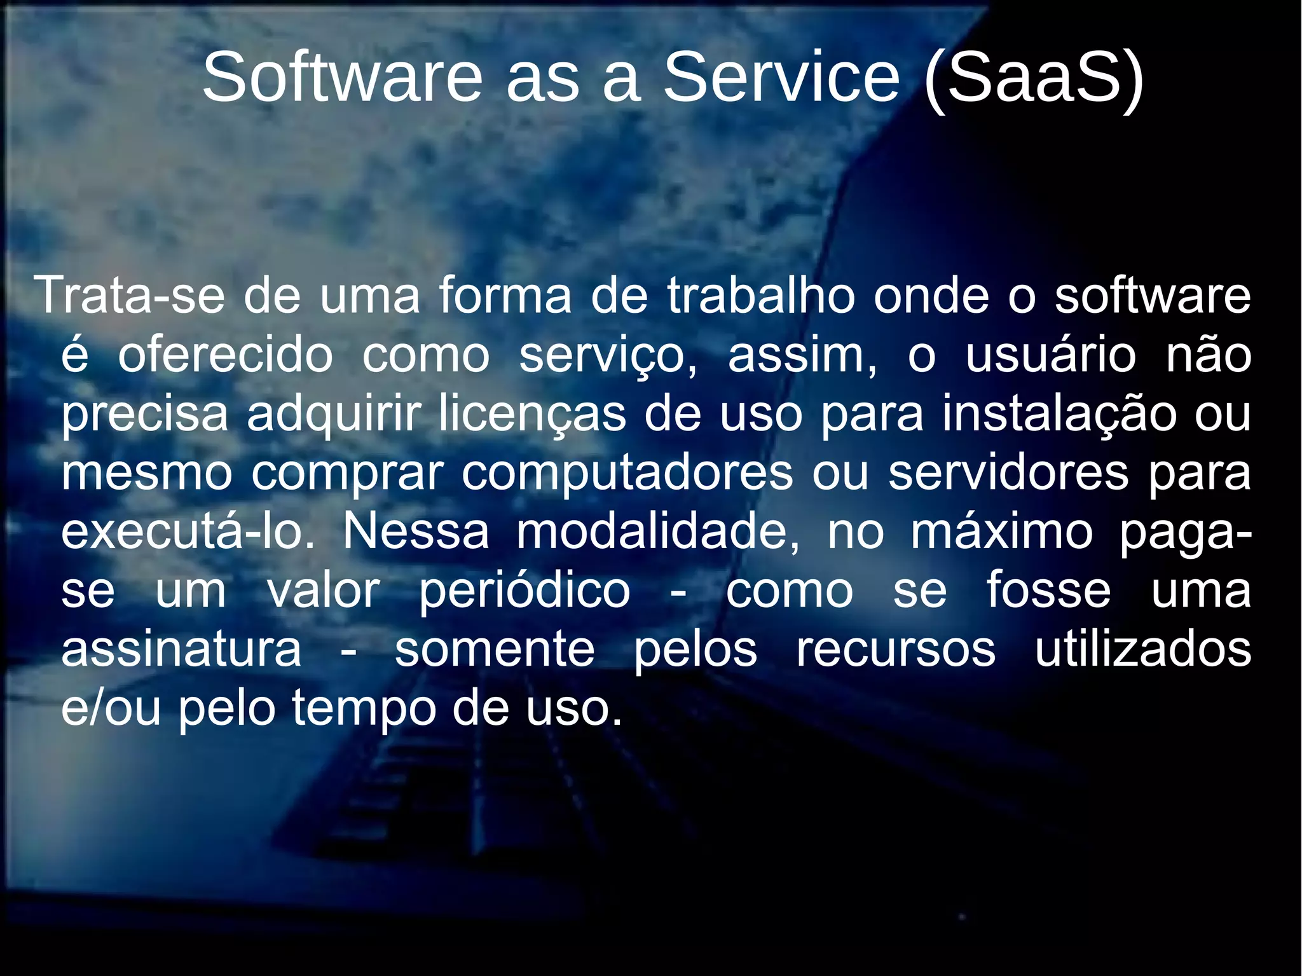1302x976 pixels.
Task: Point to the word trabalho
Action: tap(761, 296)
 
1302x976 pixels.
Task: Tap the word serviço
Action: tap(608, 356)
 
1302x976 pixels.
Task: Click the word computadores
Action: tap(627, 474)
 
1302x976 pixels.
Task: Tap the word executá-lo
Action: tap(188, 532)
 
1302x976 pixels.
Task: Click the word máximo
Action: tap(1002, 532)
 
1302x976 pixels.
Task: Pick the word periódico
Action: tap(524, 592)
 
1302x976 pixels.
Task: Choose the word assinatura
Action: tap(181, 649)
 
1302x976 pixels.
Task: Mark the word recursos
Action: tap(896, 649)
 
